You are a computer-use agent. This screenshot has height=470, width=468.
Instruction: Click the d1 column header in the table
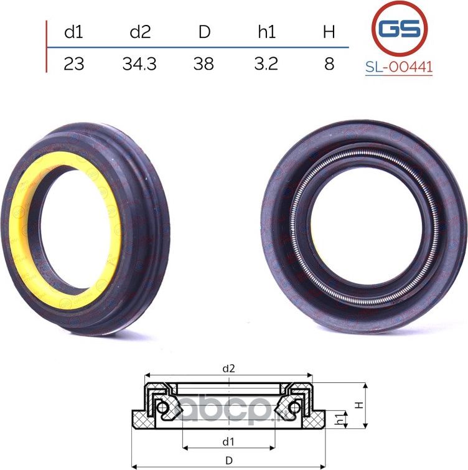(73, 32)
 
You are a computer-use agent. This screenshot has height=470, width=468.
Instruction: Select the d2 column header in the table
(140, 32)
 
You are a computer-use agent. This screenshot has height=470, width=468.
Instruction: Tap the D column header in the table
(204, 32)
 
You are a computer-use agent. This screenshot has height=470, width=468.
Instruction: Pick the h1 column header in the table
(266, 32)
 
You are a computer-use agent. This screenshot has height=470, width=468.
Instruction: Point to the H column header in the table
(329, 32)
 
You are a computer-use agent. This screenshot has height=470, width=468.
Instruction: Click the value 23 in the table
(73, 63)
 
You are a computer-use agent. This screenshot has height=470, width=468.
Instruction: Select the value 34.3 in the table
(139, 63)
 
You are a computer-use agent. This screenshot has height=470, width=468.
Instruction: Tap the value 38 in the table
(204, 63)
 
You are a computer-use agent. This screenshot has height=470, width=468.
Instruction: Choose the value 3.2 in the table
(266, 63)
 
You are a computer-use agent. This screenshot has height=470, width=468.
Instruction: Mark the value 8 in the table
(329, 63)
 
